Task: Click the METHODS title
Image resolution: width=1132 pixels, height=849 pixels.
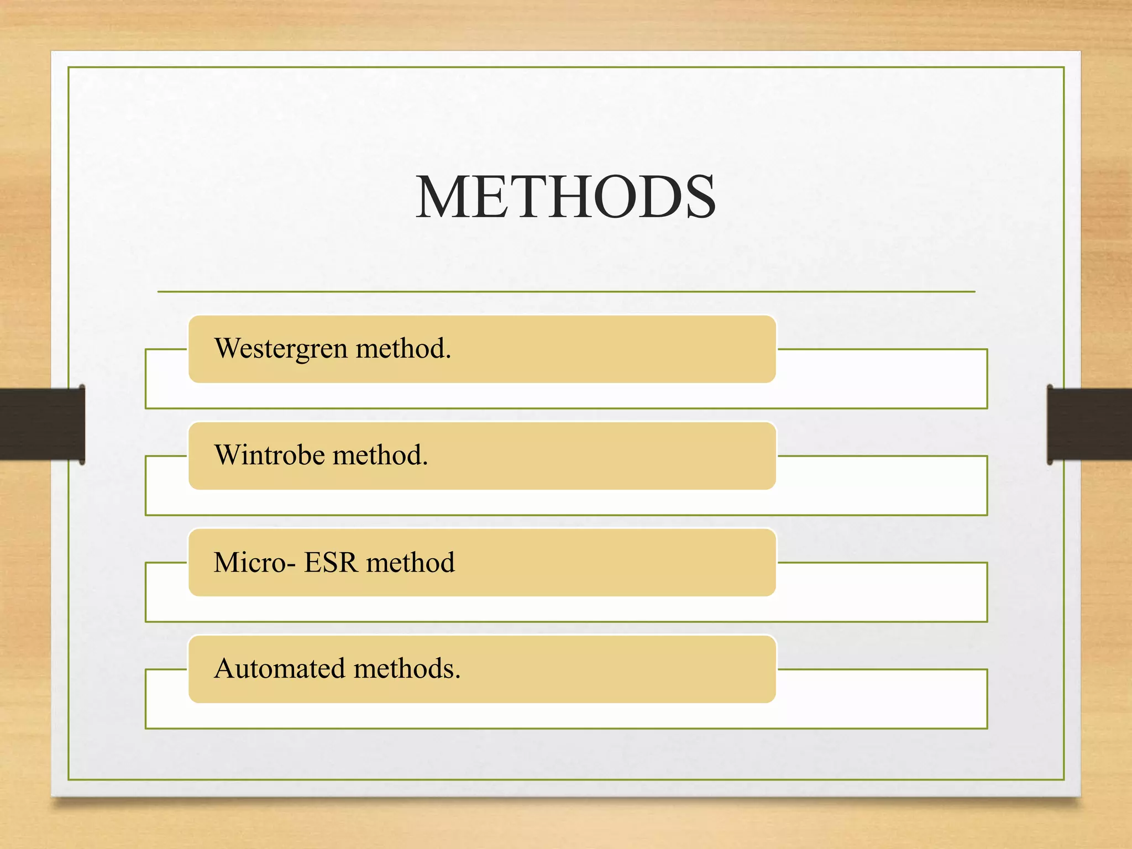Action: click(x=565, y=197)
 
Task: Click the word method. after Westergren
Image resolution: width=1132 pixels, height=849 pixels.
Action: click(x=403, y=349)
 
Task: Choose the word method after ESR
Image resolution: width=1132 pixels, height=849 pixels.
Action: click(x=410, y=563)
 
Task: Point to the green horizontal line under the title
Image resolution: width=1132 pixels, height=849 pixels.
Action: click(x=565, y=291)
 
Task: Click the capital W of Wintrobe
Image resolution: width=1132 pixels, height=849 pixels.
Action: click(x=227, y=455)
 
